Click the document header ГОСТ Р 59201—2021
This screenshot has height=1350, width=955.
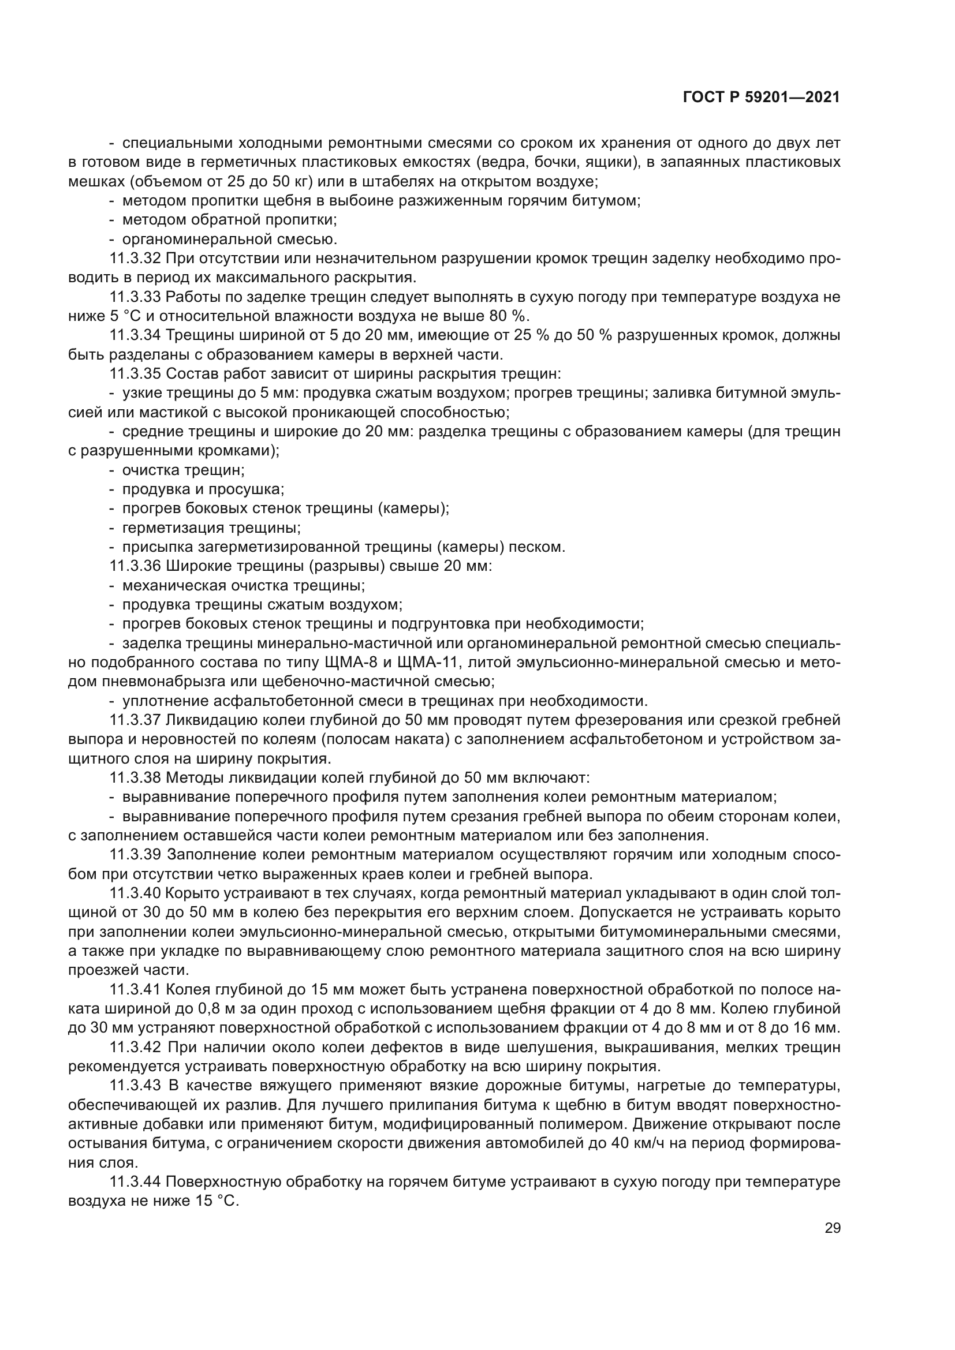coord(761,98)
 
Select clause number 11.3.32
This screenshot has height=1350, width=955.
coord(135,258)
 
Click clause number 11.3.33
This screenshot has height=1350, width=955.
coord(135,297)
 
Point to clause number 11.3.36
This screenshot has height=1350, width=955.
coord(135,566)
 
